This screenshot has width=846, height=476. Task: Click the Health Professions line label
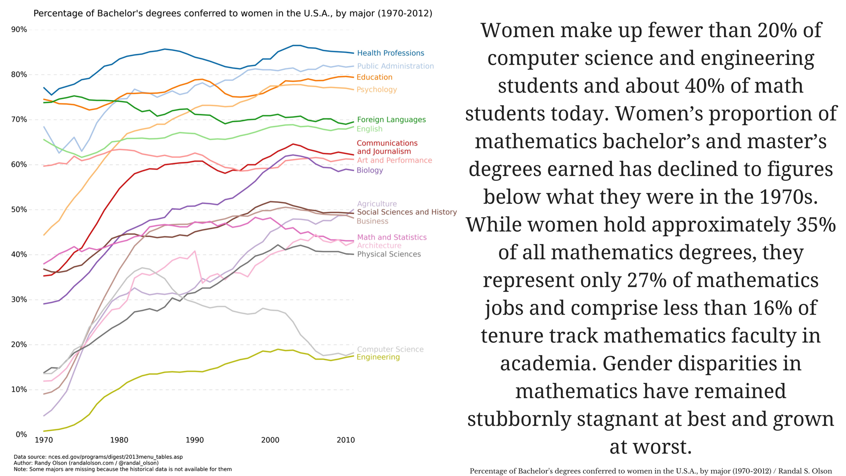pos(390,53)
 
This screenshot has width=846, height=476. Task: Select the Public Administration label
pos(395,66)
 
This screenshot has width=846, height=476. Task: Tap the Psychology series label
pos(377,90)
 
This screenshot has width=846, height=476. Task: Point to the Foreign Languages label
pos(391,120)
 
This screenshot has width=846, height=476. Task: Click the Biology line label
pos(370,171)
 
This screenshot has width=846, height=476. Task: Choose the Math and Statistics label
pos(392,238)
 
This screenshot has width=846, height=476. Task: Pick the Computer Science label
pos(390,350)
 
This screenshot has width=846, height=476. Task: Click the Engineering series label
pos(378,357)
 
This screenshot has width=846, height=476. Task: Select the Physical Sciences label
pos(389,254)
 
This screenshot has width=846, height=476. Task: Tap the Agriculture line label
pos(377,204)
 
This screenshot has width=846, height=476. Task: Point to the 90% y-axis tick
pos(19,30)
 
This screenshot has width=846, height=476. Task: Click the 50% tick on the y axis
pos(19,210)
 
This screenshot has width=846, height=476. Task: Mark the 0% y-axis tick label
pos(21,435)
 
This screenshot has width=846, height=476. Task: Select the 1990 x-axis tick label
pos(195,440)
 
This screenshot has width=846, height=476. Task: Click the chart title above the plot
pos(233,14)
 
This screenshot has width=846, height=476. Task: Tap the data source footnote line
pos(98,457)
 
